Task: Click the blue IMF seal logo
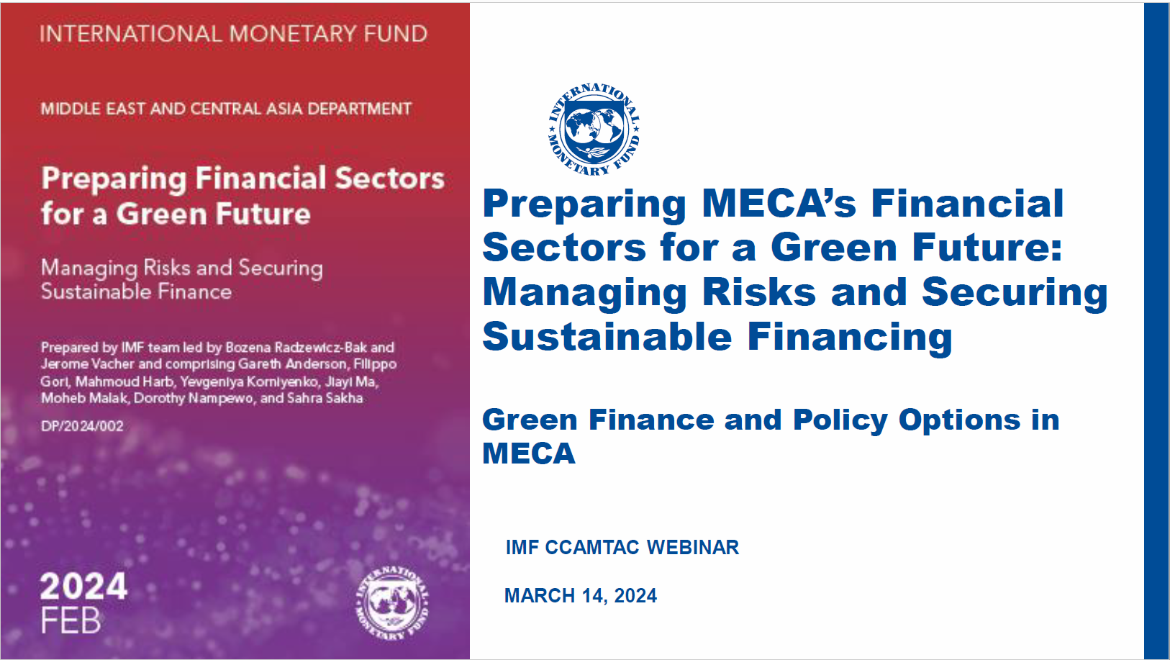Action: [594, 130]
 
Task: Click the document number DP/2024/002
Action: [82, 426]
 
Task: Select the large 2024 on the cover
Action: [83, 587]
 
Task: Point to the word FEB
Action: [71, 621]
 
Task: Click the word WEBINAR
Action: [693, 547]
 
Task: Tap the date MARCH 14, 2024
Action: [580, 596]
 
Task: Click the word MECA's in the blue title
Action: [779, 203]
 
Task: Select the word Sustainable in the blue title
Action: [607, 336]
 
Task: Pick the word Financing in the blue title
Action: [850, 338]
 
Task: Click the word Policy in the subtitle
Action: [840, 420]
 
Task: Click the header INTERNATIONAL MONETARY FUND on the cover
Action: [233, 34]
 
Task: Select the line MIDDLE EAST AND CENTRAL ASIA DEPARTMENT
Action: [226, 109]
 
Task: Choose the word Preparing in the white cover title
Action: [114, 178]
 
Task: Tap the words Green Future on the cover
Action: [213, 214]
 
